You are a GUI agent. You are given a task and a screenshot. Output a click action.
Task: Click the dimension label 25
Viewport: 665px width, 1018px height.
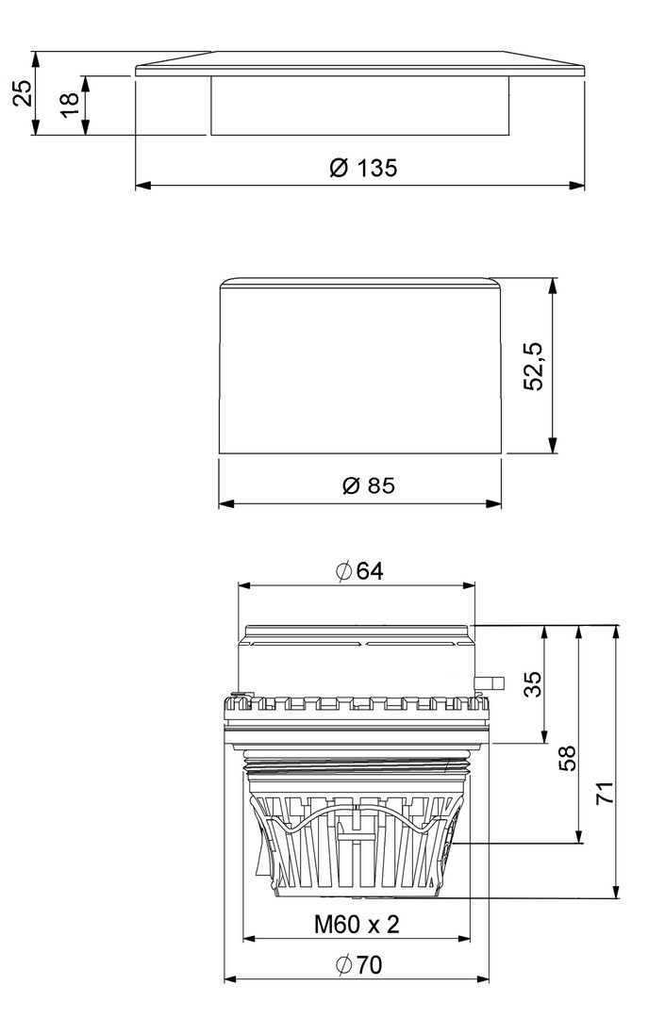click(x=23, y=92)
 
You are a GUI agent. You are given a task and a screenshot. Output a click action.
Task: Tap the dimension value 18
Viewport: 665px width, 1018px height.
click(x=70, y=104)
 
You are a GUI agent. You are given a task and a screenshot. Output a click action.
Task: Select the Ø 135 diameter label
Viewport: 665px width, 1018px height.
click(x=363, y=168)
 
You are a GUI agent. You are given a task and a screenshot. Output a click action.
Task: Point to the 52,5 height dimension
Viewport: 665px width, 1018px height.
click(x=533, y=366)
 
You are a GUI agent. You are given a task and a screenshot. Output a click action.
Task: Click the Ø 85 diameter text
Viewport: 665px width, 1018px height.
click(x=368, y=485)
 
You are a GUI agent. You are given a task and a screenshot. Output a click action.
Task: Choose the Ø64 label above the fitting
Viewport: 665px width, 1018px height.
click(x=359, y=570)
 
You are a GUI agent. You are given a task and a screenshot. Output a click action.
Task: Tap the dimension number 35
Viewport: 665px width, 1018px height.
click(x=533, y=684)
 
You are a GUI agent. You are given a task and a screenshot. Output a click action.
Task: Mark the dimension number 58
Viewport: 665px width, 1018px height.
click(x=567, y=758)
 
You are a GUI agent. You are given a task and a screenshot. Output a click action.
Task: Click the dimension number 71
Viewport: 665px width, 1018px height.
click(x=605, y=793)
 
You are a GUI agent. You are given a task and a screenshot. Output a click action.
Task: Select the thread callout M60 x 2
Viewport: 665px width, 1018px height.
click(x=357, y=924)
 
